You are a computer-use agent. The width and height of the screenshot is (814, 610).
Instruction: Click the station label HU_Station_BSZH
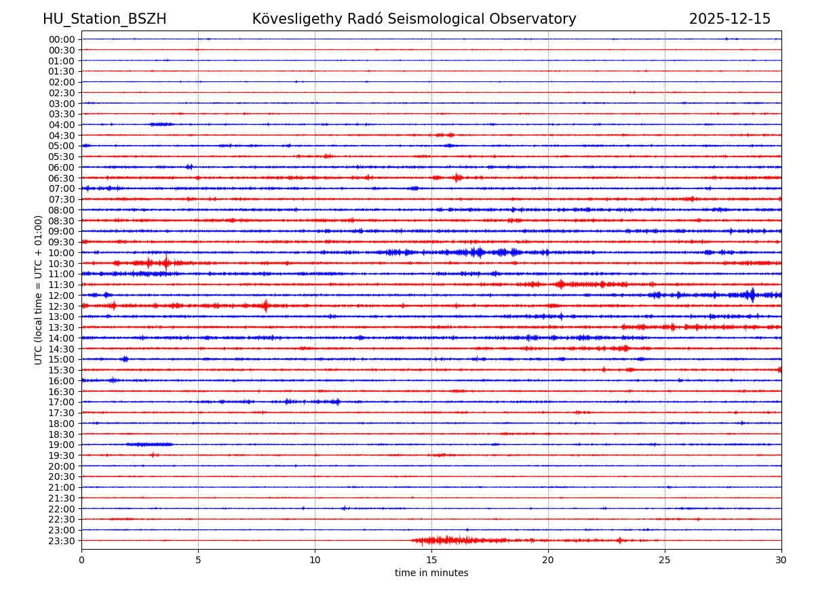pyautogui.click(x=104, y=19)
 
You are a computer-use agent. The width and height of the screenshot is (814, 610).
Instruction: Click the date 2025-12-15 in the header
pyautogui.click(x=730, y=19)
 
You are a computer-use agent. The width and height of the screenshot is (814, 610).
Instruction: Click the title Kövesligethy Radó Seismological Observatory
pyautogui.click(x=414, y=19)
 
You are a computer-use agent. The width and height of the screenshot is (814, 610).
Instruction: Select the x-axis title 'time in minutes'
pyautogui.click(x=431, y=573)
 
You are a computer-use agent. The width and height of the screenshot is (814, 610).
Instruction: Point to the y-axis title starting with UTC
pyautogui.click(x=39, y=289)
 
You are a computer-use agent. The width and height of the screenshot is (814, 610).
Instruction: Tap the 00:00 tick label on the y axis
pyautogui.click(x=62, y=39)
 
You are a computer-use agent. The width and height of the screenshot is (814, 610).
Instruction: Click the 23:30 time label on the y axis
pyautogui.click(x=62, y=541)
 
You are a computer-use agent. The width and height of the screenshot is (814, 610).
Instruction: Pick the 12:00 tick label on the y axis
pyautogui.click(x=62, y=296)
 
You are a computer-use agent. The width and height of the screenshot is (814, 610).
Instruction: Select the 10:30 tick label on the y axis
pyautogui.click(x=62, y=264)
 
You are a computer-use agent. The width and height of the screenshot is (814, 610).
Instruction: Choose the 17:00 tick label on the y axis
pyautogui.click(x=62, y=402)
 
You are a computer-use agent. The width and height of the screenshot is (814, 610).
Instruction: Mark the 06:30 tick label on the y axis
pyautogui.click(x=62, y=178)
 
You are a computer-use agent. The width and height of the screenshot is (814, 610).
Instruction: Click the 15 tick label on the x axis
pyautogui.click(x=431, y=560)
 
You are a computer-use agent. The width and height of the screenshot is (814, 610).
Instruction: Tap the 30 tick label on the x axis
pyautogui.click(x=781, y=560)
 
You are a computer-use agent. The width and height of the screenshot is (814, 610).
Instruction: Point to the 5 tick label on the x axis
pyautogui.click(x=198, y=560)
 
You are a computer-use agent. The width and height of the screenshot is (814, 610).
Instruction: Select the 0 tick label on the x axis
pyautogui.click(x=81, y=560)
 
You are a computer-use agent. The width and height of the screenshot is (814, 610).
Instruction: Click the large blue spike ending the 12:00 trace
pyautogui.click(x=751, y=295)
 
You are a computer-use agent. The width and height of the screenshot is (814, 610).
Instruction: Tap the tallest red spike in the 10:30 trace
pyautogui.click(x=166, y=263)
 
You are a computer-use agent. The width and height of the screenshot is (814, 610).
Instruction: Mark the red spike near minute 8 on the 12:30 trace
pyautogui.click(x=265, y=306)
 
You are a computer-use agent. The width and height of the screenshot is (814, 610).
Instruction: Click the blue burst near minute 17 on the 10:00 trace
pyautogui.click(x=479, y=252)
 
